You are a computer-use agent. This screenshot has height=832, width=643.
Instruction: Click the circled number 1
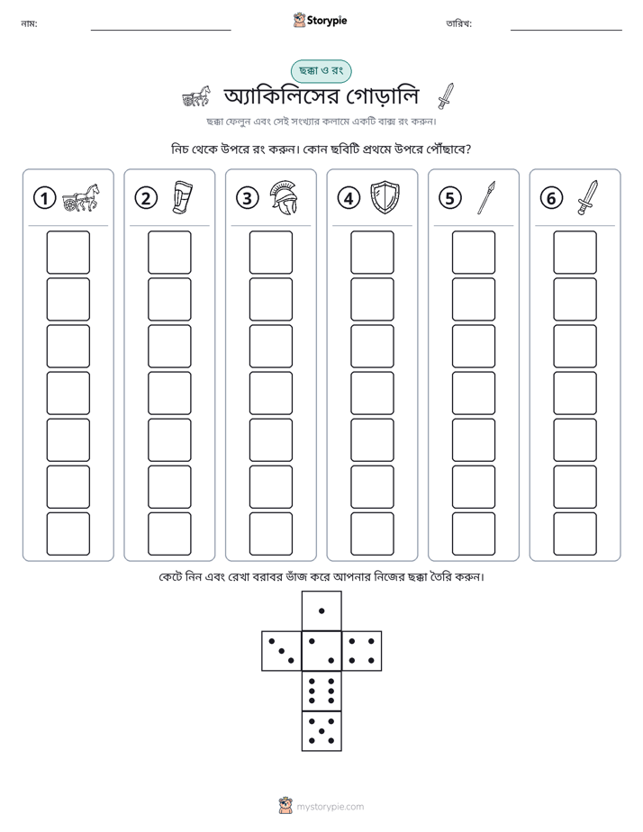(44, 198)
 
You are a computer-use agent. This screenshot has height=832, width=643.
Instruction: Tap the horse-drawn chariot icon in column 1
(81, 197)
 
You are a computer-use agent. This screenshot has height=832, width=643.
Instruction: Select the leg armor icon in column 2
(183, 197)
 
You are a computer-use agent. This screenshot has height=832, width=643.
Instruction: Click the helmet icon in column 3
(284, 197)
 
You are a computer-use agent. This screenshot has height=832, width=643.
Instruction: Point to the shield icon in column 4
(385, 197)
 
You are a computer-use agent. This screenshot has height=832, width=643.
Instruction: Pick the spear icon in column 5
(486, 197)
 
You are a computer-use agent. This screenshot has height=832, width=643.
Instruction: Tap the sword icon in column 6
(587, 197)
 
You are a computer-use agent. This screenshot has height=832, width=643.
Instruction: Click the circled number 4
(349, 198)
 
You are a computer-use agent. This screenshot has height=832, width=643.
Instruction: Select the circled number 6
(551, 198)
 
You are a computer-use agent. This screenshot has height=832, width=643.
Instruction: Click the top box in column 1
(68, 252)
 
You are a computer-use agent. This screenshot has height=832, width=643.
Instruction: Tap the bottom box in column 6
(575, 534)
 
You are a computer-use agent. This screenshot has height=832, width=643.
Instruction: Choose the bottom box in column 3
(271, 534)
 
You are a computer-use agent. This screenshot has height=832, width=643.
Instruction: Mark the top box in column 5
(474, 252)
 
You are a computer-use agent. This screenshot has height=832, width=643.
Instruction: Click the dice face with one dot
(321, 610)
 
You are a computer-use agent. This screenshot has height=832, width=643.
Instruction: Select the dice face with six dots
(321, 691)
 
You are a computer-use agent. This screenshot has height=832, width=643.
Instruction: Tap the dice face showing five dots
(321, 730)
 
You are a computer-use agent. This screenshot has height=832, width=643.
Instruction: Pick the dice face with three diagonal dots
(282, 650)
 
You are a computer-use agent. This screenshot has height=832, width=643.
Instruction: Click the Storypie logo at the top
(320, 20)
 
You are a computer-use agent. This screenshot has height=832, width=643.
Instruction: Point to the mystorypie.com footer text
(330, 807)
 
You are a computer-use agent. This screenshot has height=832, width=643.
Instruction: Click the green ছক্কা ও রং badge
(321, 71)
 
